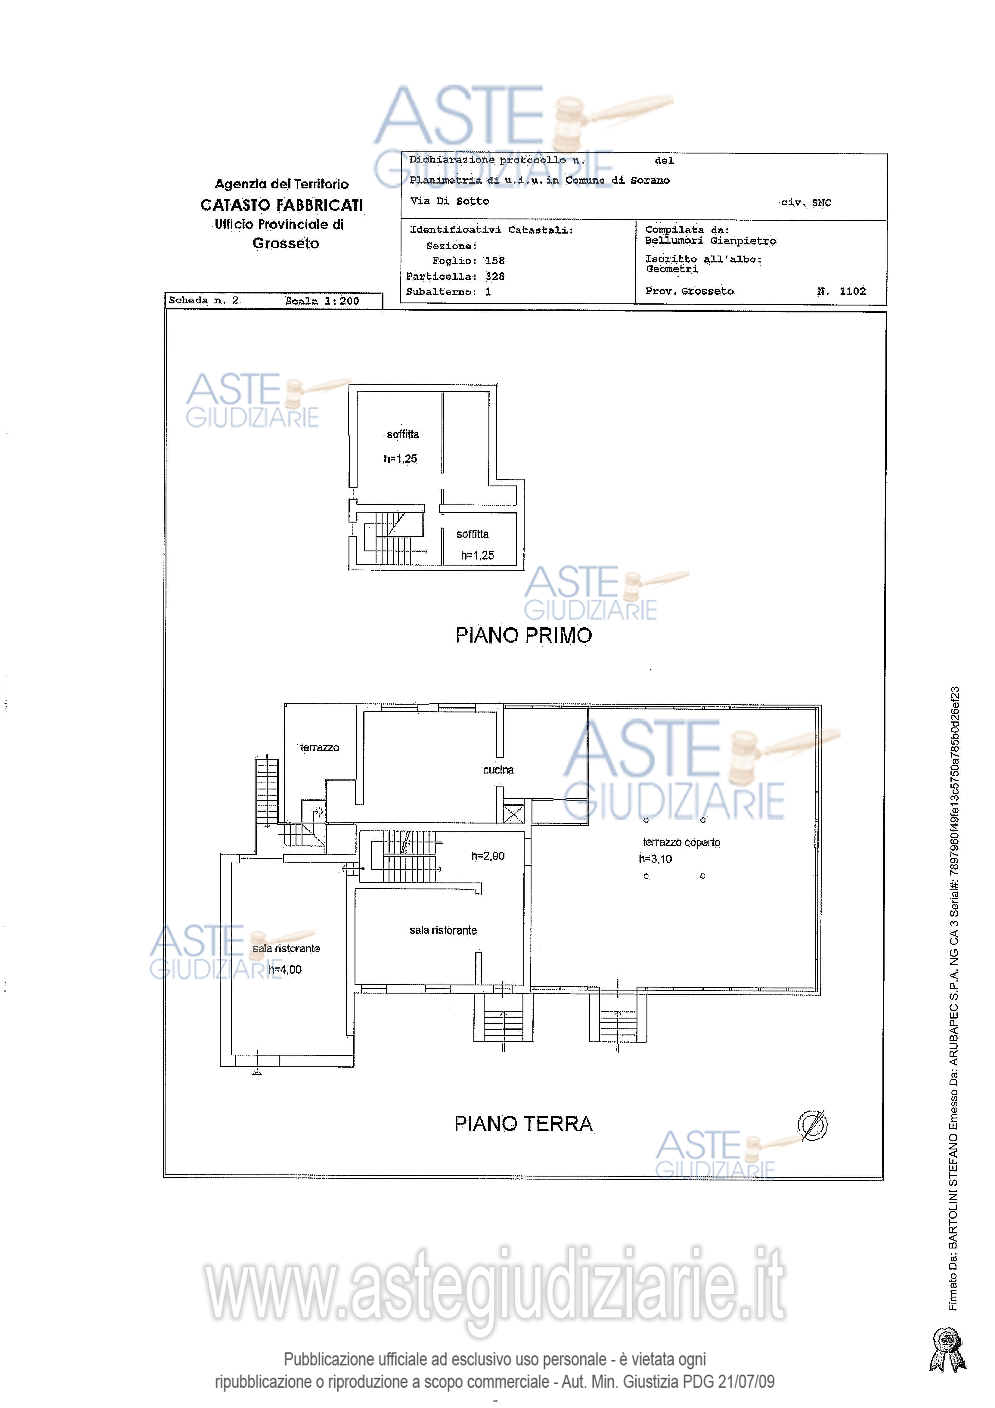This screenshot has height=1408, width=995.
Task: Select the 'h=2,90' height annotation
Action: click(x=488, y=855)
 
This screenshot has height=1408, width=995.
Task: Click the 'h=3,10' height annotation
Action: click(x=656, y=858)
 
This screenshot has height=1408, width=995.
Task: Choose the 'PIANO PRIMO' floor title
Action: click(x=524, y=635)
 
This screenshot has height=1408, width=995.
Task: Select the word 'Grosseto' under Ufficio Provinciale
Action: click(x=286, y=243)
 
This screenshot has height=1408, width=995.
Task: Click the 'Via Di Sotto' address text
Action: click(x=449, y=201)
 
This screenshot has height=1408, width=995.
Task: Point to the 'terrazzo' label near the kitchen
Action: click(x=319, y=748)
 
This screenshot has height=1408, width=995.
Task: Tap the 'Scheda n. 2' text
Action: click(x=203, y=300)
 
